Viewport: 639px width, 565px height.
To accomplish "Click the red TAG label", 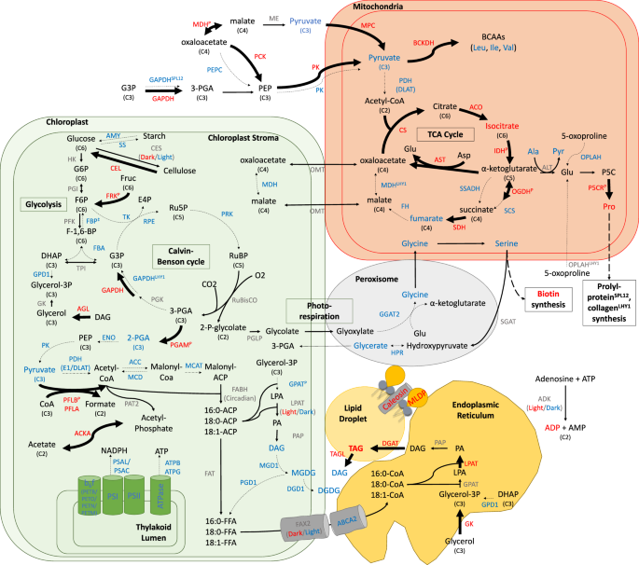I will [x=355, y=447].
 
